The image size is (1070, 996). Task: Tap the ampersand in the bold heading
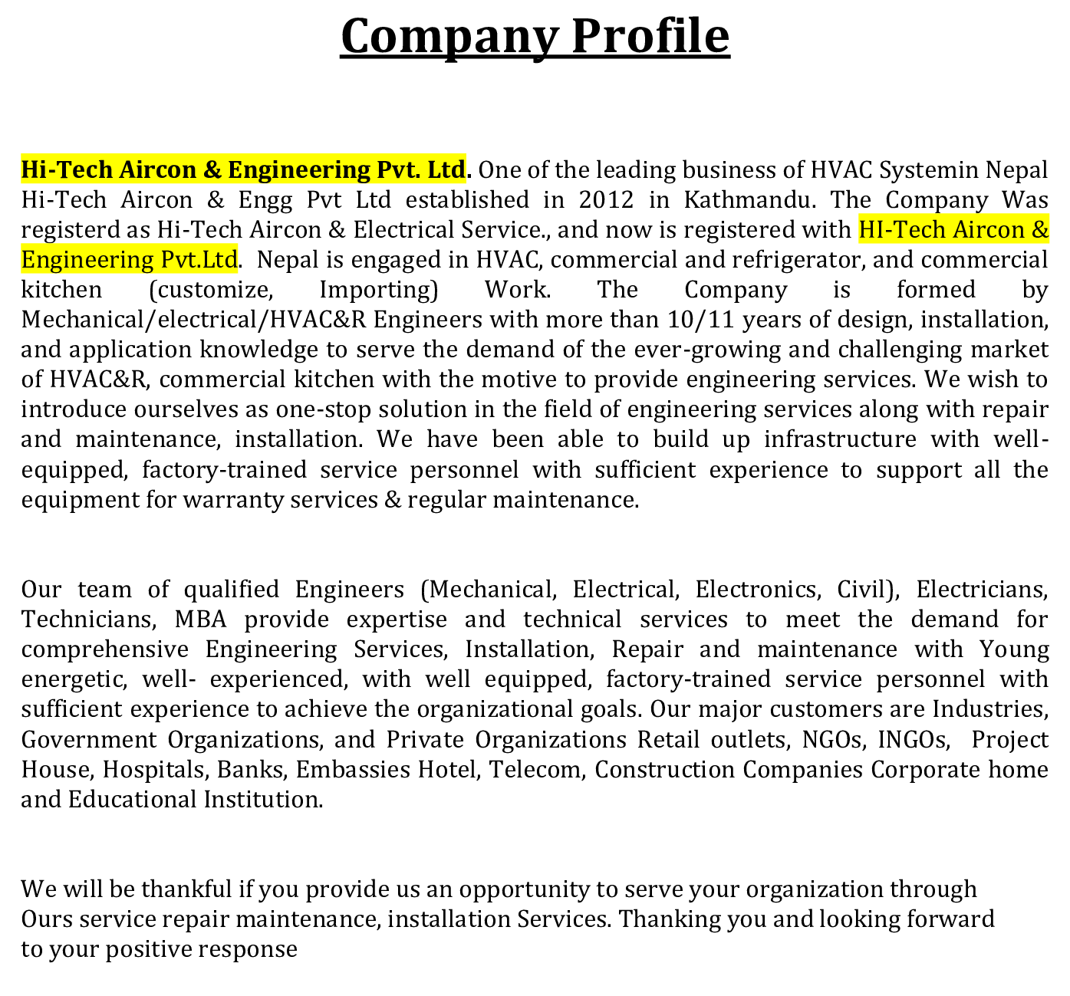212,169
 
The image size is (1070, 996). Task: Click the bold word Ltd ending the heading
446,169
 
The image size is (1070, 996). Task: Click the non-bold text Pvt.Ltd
199,260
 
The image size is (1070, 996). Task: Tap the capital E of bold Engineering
235,169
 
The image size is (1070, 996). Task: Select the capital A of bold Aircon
127,169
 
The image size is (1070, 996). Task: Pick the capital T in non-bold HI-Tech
896,230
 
